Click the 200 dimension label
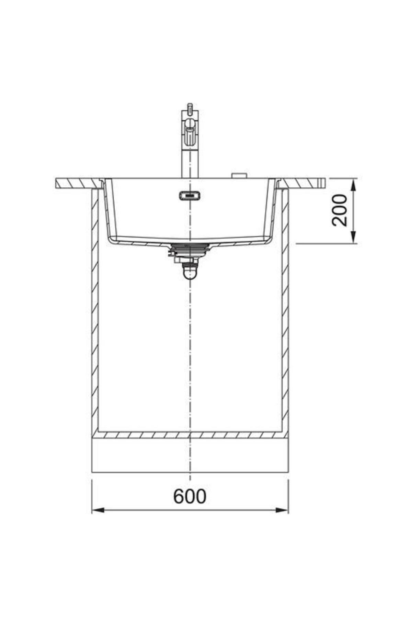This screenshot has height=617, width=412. (340, 210)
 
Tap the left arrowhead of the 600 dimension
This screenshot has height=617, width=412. (98, 520)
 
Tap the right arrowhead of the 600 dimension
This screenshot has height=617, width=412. (282, 520)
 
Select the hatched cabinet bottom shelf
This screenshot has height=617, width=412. (190, 435)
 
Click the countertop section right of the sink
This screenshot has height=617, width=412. (302, 183)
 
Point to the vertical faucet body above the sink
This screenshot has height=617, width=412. (190, 165)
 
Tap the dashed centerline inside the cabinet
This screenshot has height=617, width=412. (190, 343)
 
